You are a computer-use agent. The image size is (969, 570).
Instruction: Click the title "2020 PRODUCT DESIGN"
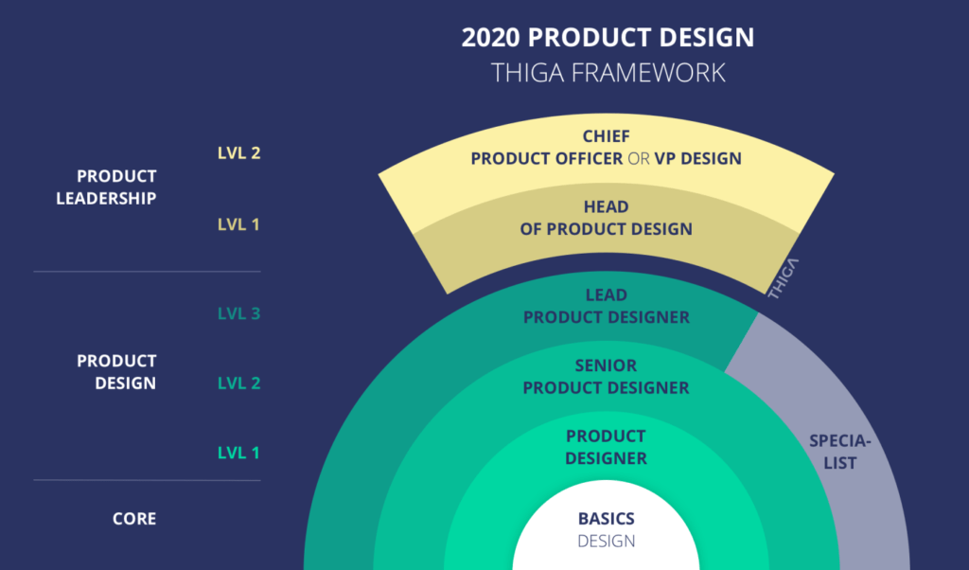coord(607,38)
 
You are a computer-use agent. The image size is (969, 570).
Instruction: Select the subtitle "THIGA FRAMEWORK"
coord(607,72)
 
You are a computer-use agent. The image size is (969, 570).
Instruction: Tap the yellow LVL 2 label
coord(238,153)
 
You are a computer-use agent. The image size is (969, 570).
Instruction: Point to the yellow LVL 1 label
coord(238,224)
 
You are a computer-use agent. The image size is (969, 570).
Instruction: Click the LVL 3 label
coord(238,313)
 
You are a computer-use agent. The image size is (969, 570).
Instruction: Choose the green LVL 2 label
coord(238,383)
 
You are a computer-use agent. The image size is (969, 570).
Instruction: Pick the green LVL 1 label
coord(238,453)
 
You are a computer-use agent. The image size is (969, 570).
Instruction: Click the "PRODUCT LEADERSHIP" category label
coord(118,187)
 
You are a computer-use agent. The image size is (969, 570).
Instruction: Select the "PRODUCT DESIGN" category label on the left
coord(118,372)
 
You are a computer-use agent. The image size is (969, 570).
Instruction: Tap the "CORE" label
coord(133,519)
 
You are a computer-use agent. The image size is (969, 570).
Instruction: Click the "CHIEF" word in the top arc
coord(606,137)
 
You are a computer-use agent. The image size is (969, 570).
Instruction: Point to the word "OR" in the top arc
coord(639,158)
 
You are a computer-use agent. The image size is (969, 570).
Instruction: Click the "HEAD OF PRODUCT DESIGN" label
coord(606,218)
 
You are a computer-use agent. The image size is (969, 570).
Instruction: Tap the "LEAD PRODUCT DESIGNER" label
coord(606,307)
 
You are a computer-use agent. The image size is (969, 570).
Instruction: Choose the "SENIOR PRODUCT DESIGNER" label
coord(606,377)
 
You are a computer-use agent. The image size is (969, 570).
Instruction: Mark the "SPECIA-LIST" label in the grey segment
coord(834,452)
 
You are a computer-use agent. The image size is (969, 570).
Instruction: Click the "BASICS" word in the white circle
coord(606,519)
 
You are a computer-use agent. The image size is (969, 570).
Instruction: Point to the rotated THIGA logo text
coord(784,278)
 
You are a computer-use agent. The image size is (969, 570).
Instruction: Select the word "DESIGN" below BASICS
coord(606,542)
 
